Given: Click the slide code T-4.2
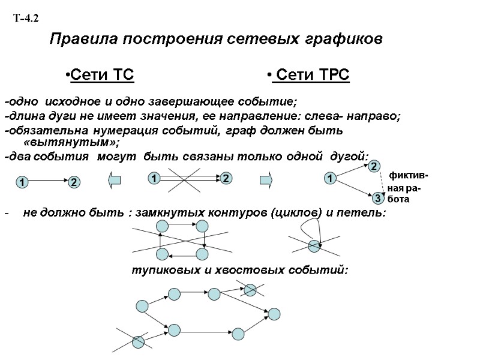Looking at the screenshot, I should click(26, 19).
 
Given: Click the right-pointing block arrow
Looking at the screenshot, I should click(266, 178).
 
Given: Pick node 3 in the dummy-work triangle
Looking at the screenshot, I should click(377, 197).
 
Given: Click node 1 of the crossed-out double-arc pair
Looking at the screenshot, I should click(154, 178).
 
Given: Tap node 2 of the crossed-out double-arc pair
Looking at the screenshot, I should click(225, 178).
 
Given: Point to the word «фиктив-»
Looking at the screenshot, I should click(409, 176).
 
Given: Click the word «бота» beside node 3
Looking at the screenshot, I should click(398, 200).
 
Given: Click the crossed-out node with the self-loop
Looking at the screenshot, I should click(313, 245).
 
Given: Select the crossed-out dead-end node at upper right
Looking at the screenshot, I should click(250, 290).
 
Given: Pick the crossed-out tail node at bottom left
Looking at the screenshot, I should click(139, 341).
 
